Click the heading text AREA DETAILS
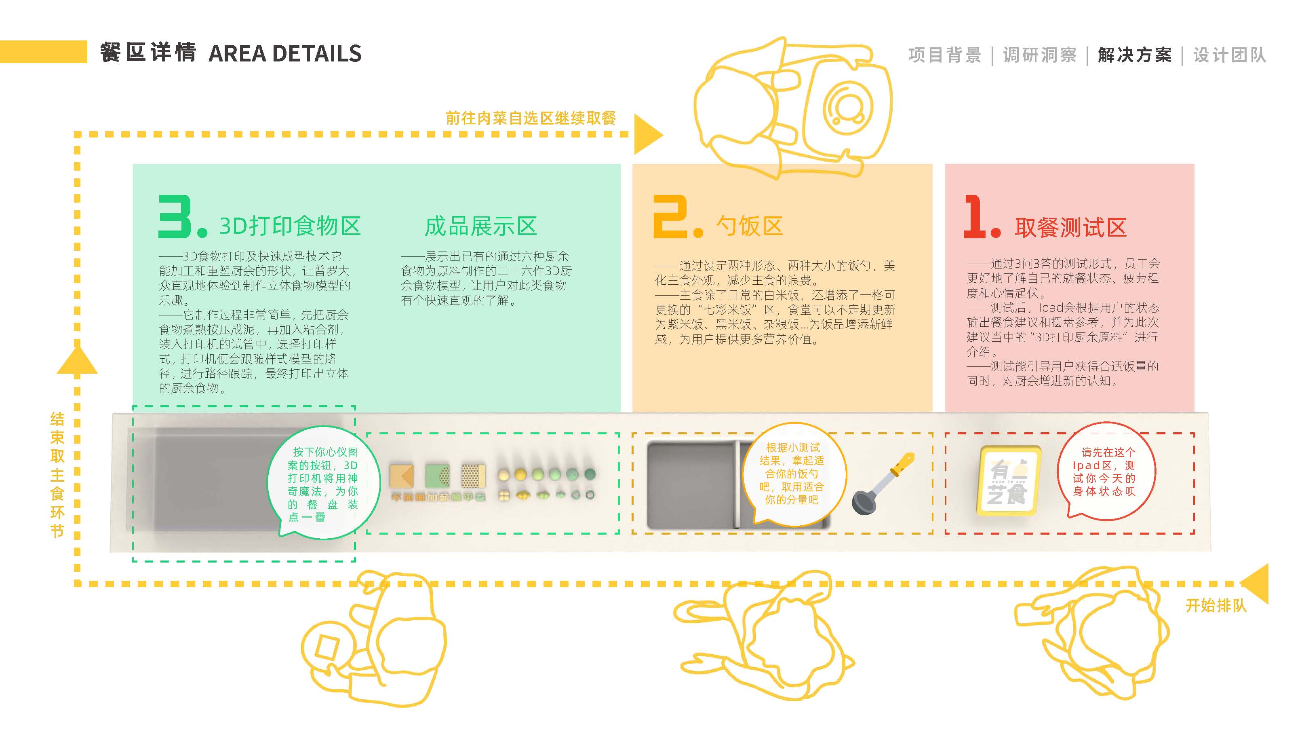pyautogui.click(x=285, y=54)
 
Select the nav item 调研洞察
pyautogui.click(x=1039, y=55)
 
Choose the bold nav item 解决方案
pyautogui.click(x=1134, y=55)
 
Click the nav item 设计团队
pyautogui.click(x=1230, y=55)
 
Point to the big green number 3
pyautogui.click(x=175, y=217)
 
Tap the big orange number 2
pyautogui.click(x=671, y=217)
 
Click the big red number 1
pyautogui.click(x=974, y=217)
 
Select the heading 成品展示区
pyautogui.click(x=480, y=226)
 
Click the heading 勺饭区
pyautogui.click(x=750, y=226)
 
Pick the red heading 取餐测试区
pyautogui.click(x=1070, y=227)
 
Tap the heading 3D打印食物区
pyautogui.click(x=290, y=226)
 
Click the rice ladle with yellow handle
pyautogui.click(x=883, y=483)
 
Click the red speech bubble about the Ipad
pyautogui.click(x=1106, y=472)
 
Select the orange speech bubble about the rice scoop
pyautogui.click(x=793, y=474)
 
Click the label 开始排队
pyautogui.click(x=1216, y=605)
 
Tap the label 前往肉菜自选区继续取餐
pyautogui.click(x=531, y=118)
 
